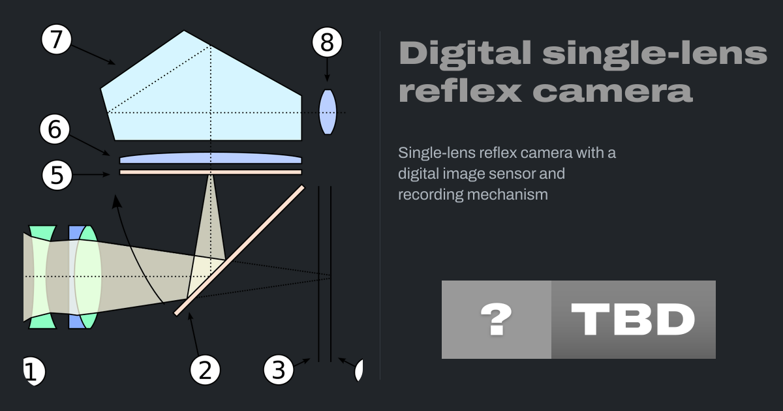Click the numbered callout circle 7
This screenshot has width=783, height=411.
(x=56, y=39)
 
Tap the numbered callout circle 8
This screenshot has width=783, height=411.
(x=327, y=42)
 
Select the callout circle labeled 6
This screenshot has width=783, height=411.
(x=55, y=129)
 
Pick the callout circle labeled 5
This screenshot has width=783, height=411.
(x=57, y=175)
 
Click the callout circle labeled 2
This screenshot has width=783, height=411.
(x=205, y=370)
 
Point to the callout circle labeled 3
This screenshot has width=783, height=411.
(x=279, y=370)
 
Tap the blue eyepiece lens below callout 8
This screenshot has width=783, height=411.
(x=328, y=112)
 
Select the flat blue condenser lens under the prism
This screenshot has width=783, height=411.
(x=210, y=158)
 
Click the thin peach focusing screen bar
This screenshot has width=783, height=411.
(x=210, y=172)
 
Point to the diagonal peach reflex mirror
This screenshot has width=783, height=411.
(x=239, y=251)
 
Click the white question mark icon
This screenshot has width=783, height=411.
(x=497, y=319)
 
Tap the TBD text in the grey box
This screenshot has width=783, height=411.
(x=633, y=319)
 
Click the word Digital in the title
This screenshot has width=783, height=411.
(x=465, y=52)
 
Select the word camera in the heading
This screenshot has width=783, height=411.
(x=612, y=91)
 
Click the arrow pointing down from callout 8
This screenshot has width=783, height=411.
(x=327, y=70)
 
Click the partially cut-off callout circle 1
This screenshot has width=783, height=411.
(x=33, y=371)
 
